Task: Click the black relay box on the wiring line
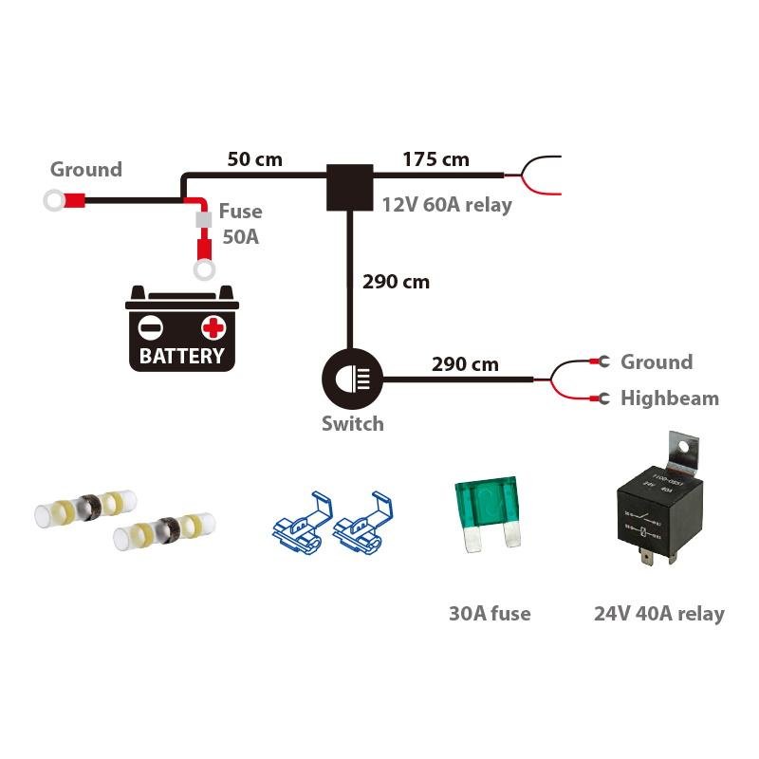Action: [x=350, y=187]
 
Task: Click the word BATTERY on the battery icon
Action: [x=182, y=357]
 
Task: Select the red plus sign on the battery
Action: [x=213, y=328]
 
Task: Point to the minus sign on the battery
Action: [x=151, y=329]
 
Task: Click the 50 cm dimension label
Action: [x=254, y=158]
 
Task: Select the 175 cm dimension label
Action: [x=435, y=158]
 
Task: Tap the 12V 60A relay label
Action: [x=446, y=205]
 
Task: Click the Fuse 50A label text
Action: [x=240, y=224]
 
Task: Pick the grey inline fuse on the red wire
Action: [x=202, y=221]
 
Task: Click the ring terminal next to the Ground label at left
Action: [x=55, y=200]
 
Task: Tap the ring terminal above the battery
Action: [x=203, y=271]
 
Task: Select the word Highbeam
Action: [x=670, y=398]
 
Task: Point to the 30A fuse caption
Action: [x=490, y=614]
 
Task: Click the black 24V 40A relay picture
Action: [x=652, y=517]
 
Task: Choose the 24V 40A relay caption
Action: [x=658, y=614]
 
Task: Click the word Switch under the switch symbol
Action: [x=352, y=423]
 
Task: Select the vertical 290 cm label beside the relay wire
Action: [x=396, y=282]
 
